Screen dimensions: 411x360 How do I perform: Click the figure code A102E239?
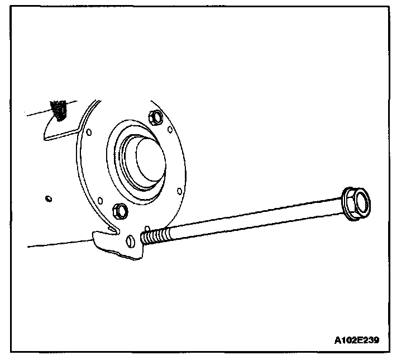click(361, 340)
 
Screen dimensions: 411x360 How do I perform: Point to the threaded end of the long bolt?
click(154, 235)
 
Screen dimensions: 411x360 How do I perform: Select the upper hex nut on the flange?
click(156, 117)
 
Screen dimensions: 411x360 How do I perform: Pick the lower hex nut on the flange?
click(120, 210)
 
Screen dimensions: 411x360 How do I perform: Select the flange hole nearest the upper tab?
click(88, 132)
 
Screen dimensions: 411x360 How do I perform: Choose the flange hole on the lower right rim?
click(178, 191)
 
